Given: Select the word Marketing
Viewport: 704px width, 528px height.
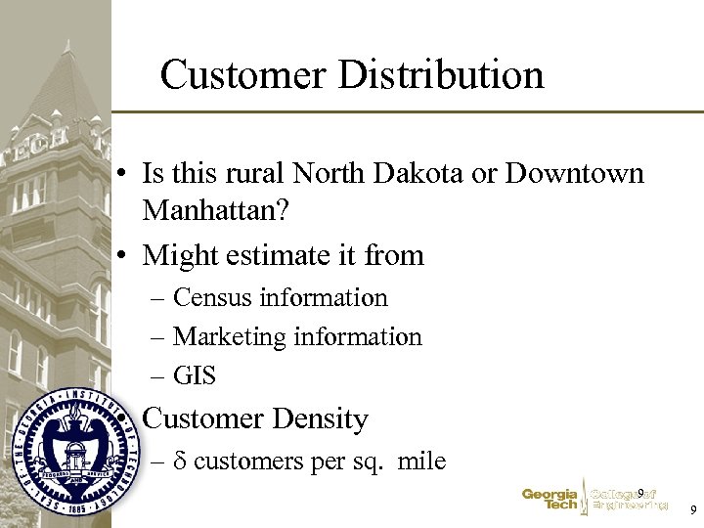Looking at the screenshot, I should (x=230, y=337).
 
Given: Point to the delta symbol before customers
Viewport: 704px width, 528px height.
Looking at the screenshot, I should (x=180, y=462).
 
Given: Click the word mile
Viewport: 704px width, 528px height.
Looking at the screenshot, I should (x=421, y=462).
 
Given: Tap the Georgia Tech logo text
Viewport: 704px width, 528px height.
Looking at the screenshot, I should (x=550, y=500).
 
